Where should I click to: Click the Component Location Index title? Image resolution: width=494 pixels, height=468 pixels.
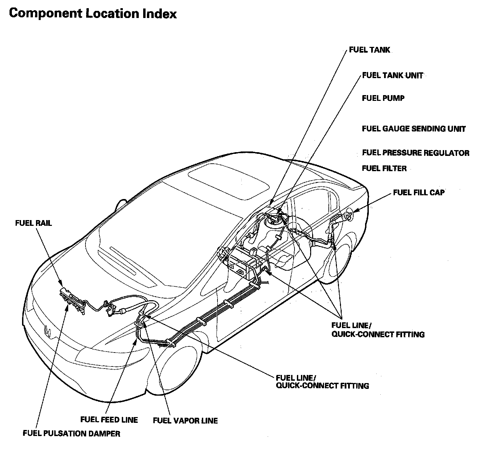tap(93, 14)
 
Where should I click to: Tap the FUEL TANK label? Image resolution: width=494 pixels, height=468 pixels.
tap(370, 50)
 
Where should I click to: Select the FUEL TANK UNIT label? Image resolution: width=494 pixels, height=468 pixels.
tap(393, 75)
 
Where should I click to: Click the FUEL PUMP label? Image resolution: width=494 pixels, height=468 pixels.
tap(383, 98)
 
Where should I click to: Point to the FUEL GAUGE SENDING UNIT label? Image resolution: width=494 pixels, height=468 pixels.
tap(414, 129)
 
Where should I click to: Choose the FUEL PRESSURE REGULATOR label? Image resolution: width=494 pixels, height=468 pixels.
tap(416, 153)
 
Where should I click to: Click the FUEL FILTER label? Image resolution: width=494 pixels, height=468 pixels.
tap(384, 168)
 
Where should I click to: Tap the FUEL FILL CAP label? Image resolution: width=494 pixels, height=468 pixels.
tap(419, 193)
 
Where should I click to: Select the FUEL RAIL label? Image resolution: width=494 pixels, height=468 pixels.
tap(34, 223)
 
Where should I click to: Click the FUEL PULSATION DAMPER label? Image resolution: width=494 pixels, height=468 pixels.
tap(71, 433)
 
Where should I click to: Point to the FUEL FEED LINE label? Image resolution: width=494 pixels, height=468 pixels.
tap(109, 419)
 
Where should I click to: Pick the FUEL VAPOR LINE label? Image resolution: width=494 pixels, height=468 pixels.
tap(185, 420)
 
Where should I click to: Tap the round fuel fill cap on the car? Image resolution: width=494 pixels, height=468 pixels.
tap(348, 215)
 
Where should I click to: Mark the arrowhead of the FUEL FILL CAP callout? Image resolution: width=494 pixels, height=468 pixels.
tap(355, 211)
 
